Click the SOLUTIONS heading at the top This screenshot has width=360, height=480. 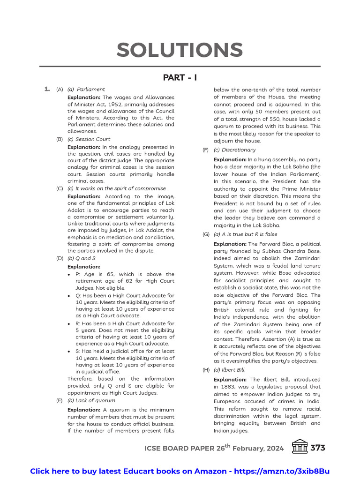[x=180, y=50]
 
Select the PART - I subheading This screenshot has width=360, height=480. [x=180, y=77]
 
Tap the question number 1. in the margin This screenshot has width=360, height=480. [x=47, y=89]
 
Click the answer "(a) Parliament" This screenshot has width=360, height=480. [x=86, y=90]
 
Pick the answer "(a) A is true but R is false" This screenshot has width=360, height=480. [x=245, y=234]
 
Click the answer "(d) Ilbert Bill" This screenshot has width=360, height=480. [x=229, y=370]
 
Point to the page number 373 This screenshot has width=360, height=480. [x=317, y=448]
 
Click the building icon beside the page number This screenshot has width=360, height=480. [x=300, y=447]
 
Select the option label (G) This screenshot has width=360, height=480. [x=206, y=234]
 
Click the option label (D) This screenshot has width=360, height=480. [x=60, y=258]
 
